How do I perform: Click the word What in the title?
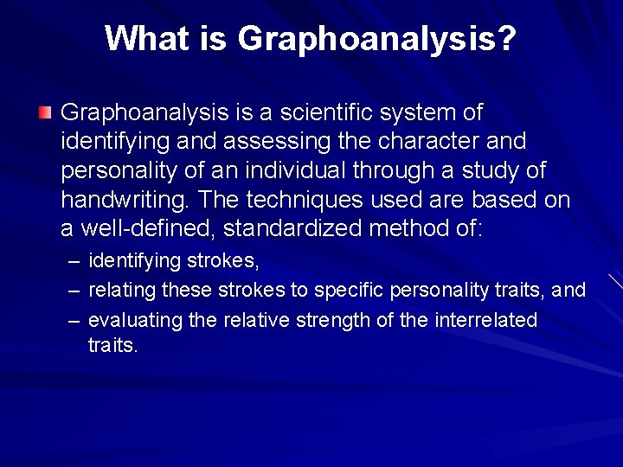click(x=140, y=38)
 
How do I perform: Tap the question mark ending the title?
click(x=508, y=38)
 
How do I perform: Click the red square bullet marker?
click(x=44, y=112)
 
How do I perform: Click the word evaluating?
click(x=135, y=320)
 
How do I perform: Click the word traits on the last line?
click(x=112, y=345)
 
